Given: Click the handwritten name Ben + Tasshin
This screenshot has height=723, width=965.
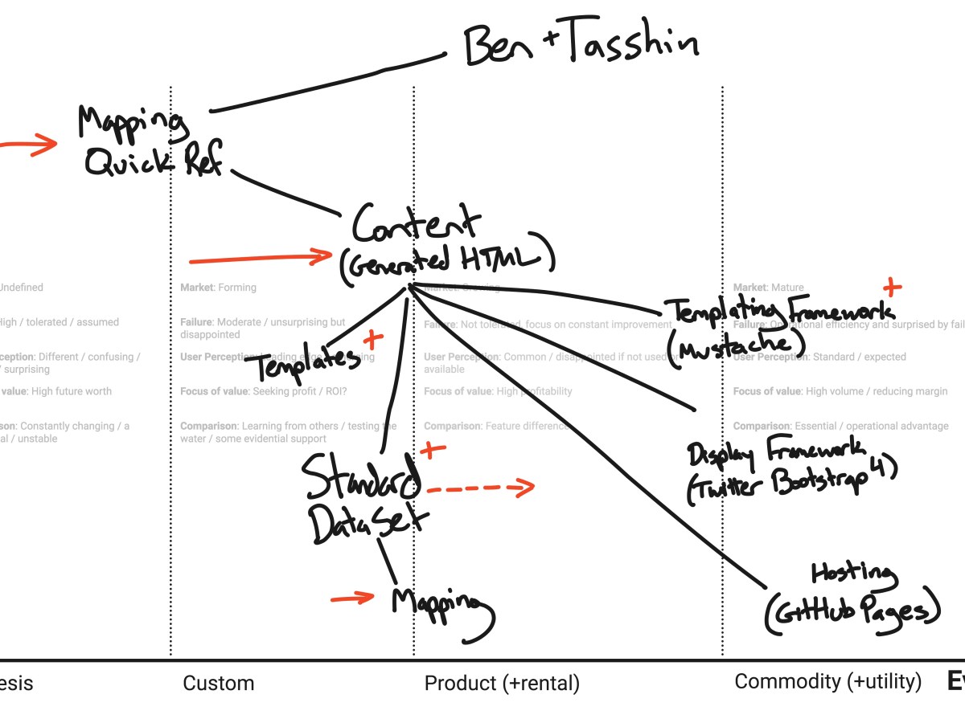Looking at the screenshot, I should (x=581, y=47).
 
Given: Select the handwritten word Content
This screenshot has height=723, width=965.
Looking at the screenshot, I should (x=417, y=223).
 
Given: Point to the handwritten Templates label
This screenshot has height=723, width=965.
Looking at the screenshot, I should (x=306, y=366).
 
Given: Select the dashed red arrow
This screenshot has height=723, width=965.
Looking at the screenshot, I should (x=480, y=487).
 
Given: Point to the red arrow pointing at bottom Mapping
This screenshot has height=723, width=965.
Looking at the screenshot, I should (x=353, y=598).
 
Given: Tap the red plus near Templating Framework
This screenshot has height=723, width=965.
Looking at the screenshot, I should (x=891, y=287).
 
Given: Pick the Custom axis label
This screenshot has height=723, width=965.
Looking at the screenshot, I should (x=218, y=684).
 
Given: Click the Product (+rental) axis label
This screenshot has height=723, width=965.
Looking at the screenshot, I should (x=501, y=684).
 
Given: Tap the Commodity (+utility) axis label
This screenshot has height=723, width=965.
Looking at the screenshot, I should (x=827, y=682).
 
